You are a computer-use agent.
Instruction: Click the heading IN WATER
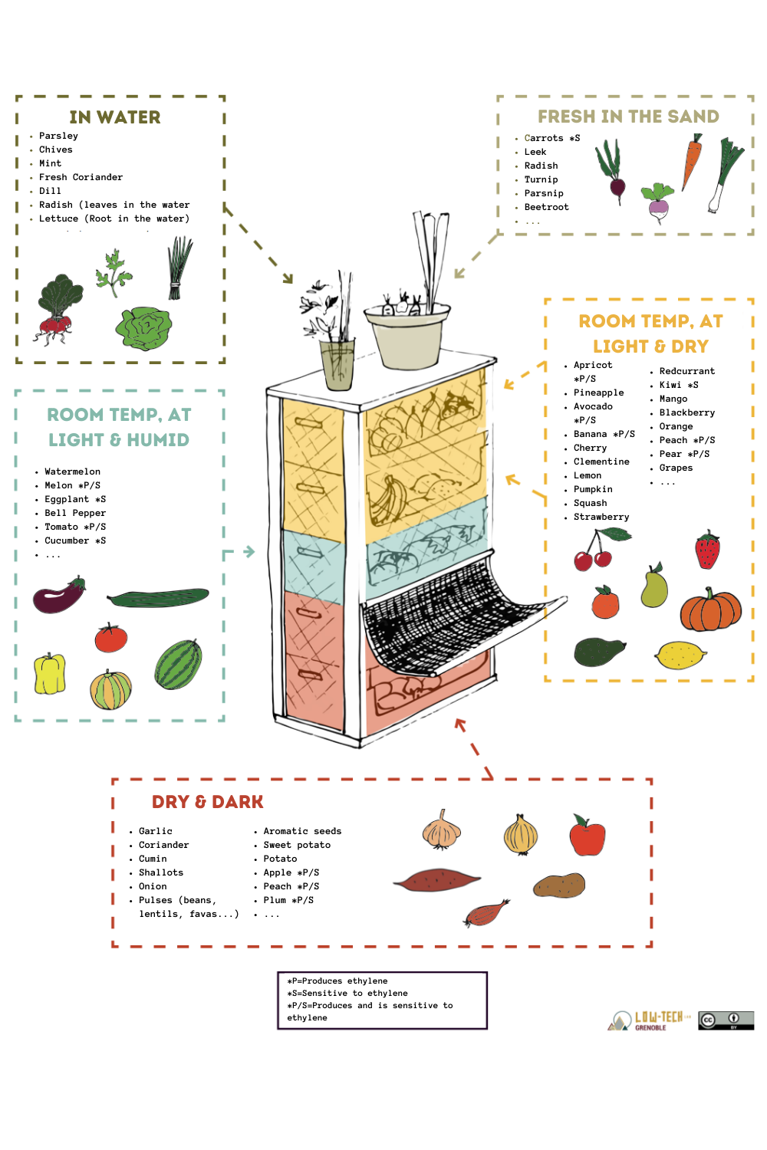[x=115, y=117]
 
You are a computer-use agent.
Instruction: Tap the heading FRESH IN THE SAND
[x=627, y=117]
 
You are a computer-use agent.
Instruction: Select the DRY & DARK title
[x=208, y=801]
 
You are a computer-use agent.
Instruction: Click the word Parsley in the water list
[x=58, y=136]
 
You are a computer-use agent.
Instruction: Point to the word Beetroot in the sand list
[x=547, y=207]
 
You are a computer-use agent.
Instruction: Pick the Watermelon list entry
[x=72, y=472]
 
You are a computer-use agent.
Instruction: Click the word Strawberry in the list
[x=601, y=517]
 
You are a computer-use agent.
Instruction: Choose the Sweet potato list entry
[x=297, y=845]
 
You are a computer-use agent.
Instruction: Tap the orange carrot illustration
[x=692, y=161]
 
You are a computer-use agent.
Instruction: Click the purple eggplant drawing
[x=58, y=594]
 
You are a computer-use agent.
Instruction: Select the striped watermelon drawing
[x=178, y=664]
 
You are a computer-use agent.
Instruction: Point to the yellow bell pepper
[x=49, y=673]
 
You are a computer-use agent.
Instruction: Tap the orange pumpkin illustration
[x=711, y=610]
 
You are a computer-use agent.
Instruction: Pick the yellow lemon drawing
[x=680, y=655]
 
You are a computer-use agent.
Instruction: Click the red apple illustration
[x=588, y=836]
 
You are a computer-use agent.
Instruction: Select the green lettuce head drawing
[x=143, y=329]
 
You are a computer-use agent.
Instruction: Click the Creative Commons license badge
[x=726, y=1020]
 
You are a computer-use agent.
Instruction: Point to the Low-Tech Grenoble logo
[x=648, y=1020]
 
